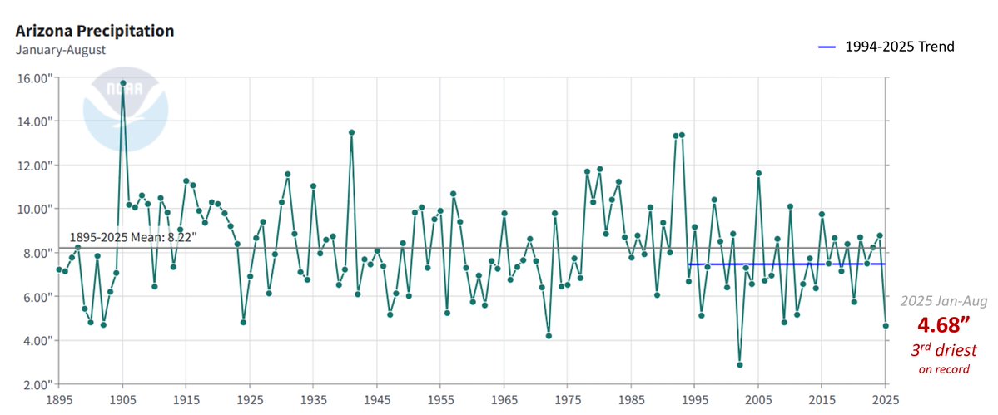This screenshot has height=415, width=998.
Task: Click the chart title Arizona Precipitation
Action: click(x=95, y=31)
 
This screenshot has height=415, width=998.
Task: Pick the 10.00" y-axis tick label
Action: click(x=31, y=209)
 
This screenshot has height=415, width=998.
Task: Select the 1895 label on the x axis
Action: click(x=58, y=399)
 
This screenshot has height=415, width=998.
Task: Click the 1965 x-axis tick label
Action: click(x=504, y=399)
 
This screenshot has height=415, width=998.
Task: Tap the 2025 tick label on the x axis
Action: click(x=886, y=399)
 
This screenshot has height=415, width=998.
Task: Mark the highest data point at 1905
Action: click(x=122, y=83)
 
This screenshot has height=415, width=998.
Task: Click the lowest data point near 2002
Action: click(x=739, y=364)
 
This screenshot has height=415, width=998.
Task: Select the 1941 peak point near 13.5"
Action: click(x=351, y=132)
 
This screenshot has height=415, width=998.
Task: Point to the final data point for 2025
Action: click(x=886, y=325)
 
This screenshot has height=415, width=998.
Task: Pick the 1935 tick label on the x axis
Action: click(x=313, y=399)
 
